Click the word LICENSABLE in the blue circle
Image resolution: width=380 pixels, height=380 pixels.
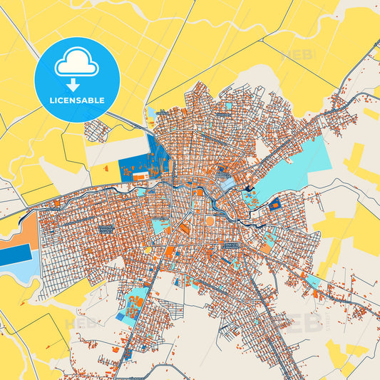tap(76, 100)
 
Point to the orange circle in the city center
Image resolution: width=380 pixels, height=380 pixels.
tap(209, 221)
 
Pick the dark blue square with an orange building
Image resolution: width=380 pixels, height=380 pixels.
tap(274, 205)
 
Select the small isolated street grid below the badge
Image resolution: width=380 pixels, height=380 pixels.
tap(96, 130)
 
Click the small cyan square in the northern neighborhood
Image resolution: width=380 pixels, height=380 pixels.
tap(228, 106)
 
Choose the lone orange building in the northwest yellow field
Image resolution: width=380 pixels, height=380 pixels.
tap(106, 169)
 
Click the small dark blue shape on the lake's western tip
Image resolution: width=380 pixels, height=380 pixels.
tap(248, 189)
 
